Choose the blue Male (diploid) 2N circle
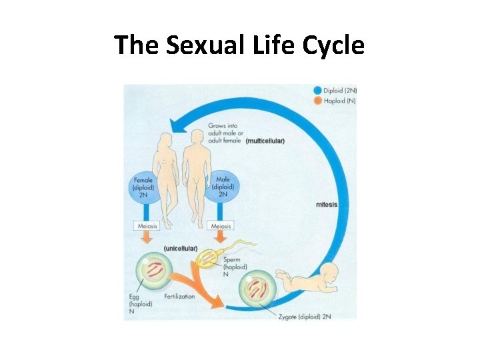tap(224, 186)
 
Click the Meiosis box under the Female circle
tap(147, 227)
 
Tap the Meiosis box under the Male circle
tap(221, 227)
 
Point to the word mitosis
tap(327, 205)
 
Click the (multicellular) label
tap(265, 141)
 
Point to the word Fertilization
tap(177, 297)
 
